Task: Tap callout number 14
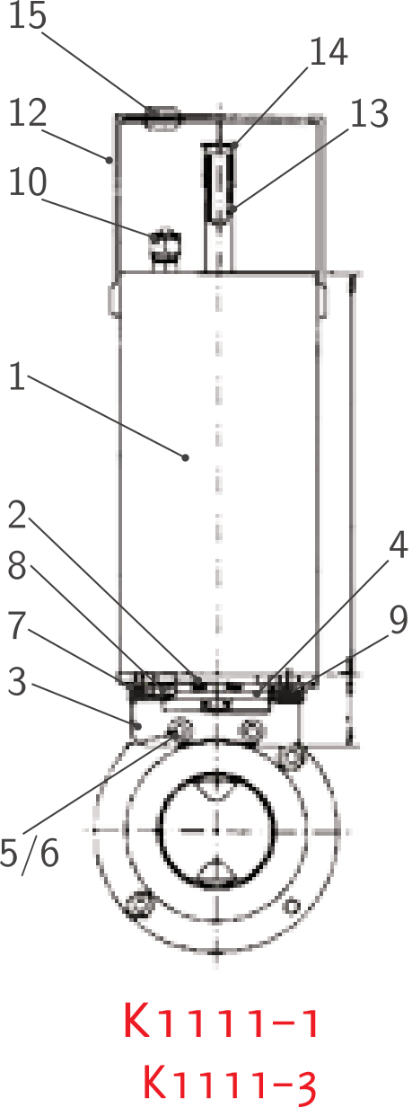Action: click(329, 51)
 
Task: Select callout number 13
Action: click(370, 112)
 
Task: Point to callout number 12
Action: click(28, 112)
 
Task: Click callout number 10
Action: click(28, 182)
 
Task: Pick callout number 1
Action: click(17, 376)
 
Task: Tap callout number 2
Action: click(17, 515)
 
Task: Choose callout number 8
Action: click(17, 565)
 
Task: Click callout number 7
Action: click(17, 625)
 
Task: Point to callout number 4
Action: click(398, 545)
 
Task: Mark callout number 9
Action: click(399, 620)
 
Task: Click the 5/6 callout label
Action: click(30, 853)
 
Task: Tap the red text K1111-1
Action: click(221, 1021)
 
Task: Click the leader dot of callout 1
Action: click(186, 457)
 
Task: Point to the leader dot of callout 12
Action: click(109, 159)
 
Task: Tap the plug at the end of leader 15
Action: click(162, 119)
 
